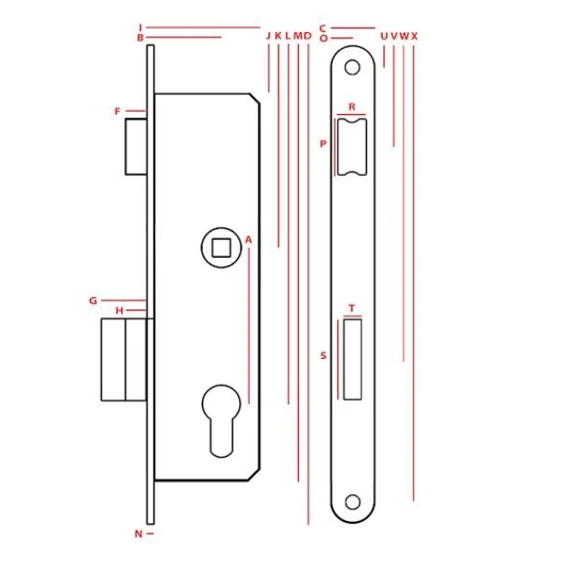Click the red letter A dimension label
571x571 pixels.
point(248,240)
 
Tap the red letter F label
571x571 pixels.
point(117,111)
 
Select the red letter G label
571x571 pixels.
point(93,301)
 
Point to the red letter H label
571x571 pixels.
point(120,310)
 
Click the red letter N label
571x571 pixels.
point(138,534)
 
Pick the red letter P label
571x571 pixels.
point(323,144)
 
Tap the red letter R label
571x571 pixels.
point(352,107)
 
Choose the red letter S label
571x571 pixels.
point(323,355)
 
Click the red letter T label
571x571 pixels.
point(352,309)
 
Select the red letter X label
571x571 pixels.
point(414,36)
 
